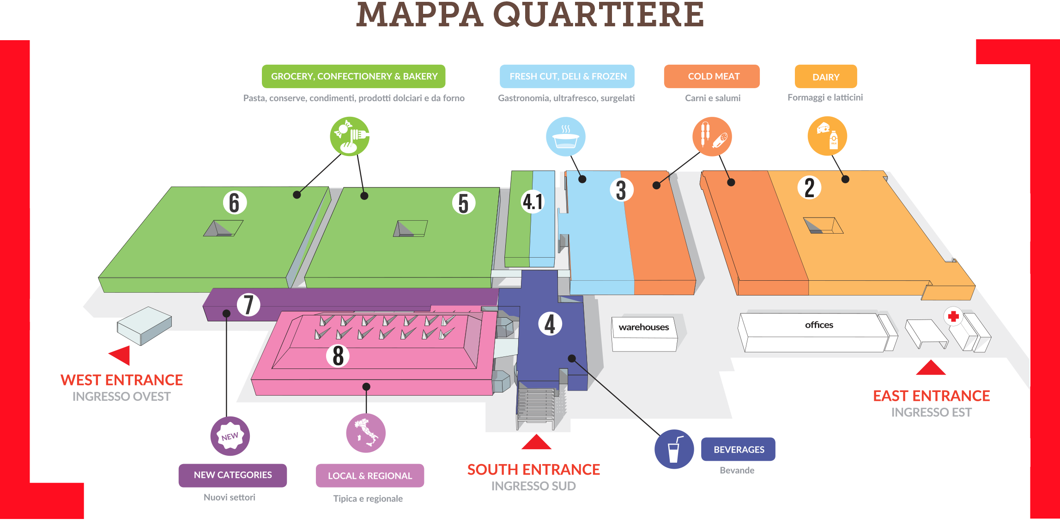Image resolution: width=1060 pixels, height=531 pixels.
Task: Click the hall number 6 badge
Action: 235,203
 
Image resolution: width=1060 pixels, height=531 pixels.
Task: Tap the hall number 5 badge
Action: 463,203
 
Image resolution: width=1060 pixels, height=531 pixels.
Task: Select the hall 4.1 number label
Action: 533,202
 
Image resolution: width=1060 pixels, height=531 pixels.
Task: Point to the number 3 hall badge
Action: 621,190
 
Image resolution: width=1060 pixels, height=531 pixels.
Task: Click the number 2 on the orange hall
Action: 809,188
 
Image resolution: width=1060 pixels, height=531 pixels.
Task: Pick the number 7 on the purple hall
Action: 248,305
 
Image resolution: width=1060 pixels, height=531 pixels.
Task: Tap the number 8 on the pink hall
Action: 338,356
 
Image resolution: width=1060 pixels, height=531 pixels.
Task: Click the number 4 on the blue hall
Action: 550,324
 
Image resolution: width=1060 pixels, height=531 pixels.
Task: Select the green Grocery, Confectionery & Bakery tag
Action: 354,77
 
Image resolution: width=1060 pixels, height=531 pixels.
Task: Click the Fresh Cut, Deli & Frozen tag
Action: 568,77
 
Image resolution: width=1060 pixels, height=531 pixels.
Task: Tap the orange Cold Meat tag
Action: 713,77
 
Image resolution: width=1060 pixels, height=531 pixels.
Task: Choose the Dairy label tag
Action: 826,77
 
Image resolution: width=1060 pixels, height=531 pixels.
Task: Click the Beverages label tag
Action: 739,449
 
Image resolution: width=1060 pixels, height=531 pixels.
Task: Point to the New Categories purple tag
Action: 233,475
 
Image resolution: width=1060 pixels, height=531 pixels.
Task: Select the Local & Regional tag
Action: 369,476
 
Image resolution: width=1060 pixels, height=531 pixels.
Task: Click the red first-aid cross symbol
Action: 953,316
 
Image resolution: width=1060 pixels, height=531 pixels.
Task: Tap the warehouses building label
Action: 644,327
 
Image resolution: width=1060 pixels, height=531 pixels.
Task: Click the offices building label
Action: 819,325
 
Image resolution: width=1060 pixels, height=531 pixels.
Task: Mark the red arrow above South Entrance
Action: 536,442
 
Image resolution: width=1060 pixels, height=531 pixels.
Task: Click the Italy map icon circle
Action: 366,433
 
